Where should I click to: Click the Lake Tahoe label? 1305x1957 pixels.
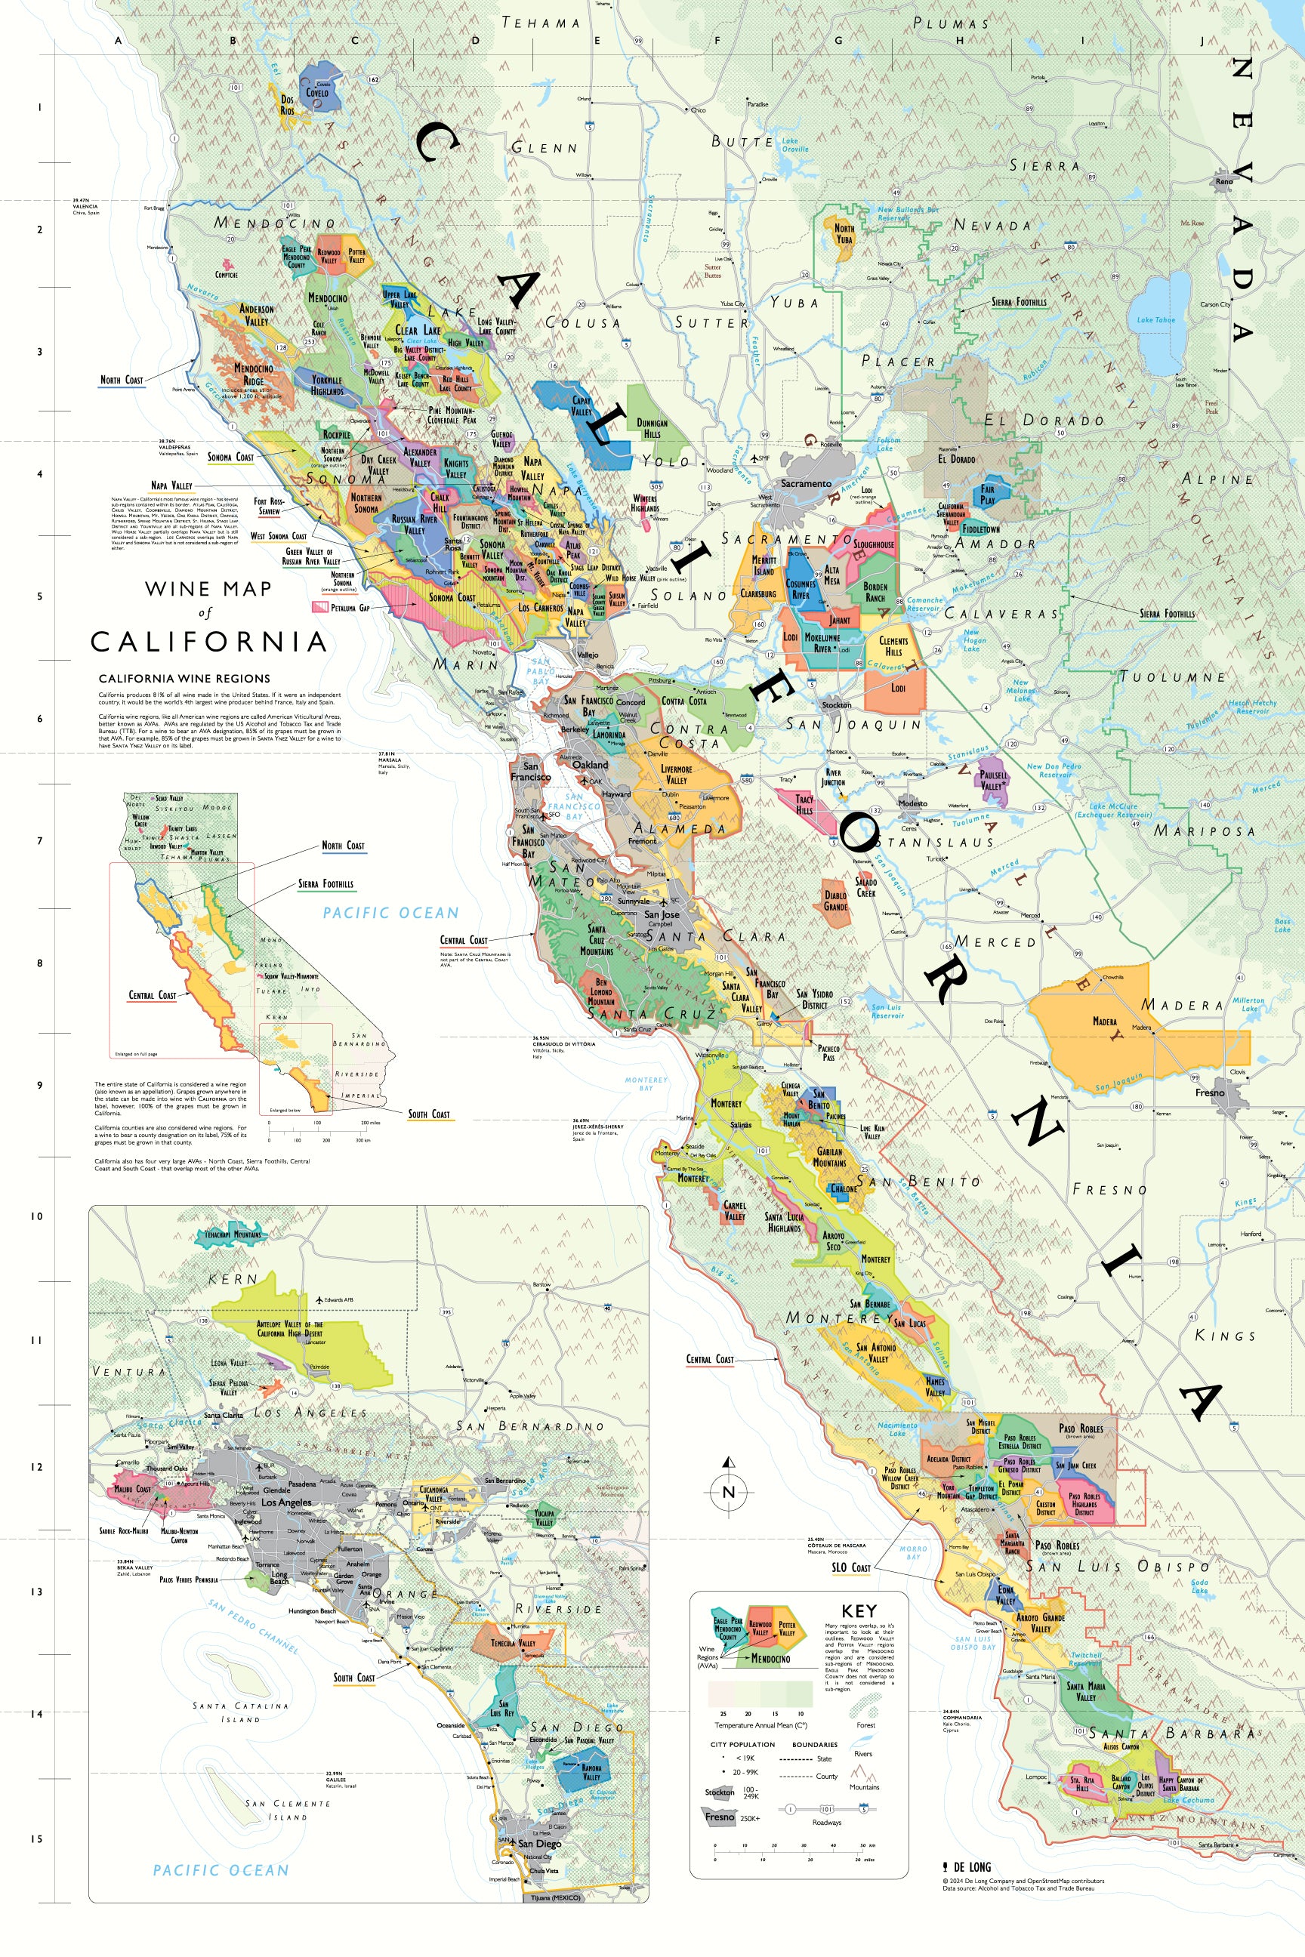(x=1156, y=319)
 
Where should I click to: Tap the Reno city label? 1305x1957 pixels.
(x=1223, y=181)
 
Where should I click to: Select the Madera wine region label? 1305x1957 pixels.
(x=1106, y=1021)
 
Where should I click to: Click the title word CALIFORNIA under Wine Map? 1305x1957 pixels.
(x=208, y=642)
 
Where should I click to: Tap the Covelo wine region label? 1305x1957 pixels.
(x=317, y=92)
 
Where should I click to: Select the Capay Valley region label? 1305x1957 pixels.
(x=582, y=406)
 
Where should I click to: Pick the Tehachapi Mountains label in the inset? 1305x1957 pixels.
(x=233, y=1234)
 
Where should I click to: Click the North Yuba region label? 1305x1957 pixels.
(x=844, y=233)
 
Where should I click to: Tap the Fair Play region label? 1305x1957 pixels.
(x=987, y=495)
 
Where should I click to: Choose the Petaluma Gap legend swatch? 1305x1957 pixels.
(x=320, y=607)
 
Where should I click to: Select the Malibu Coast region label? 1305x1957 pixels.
(x=132, y=1489)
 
